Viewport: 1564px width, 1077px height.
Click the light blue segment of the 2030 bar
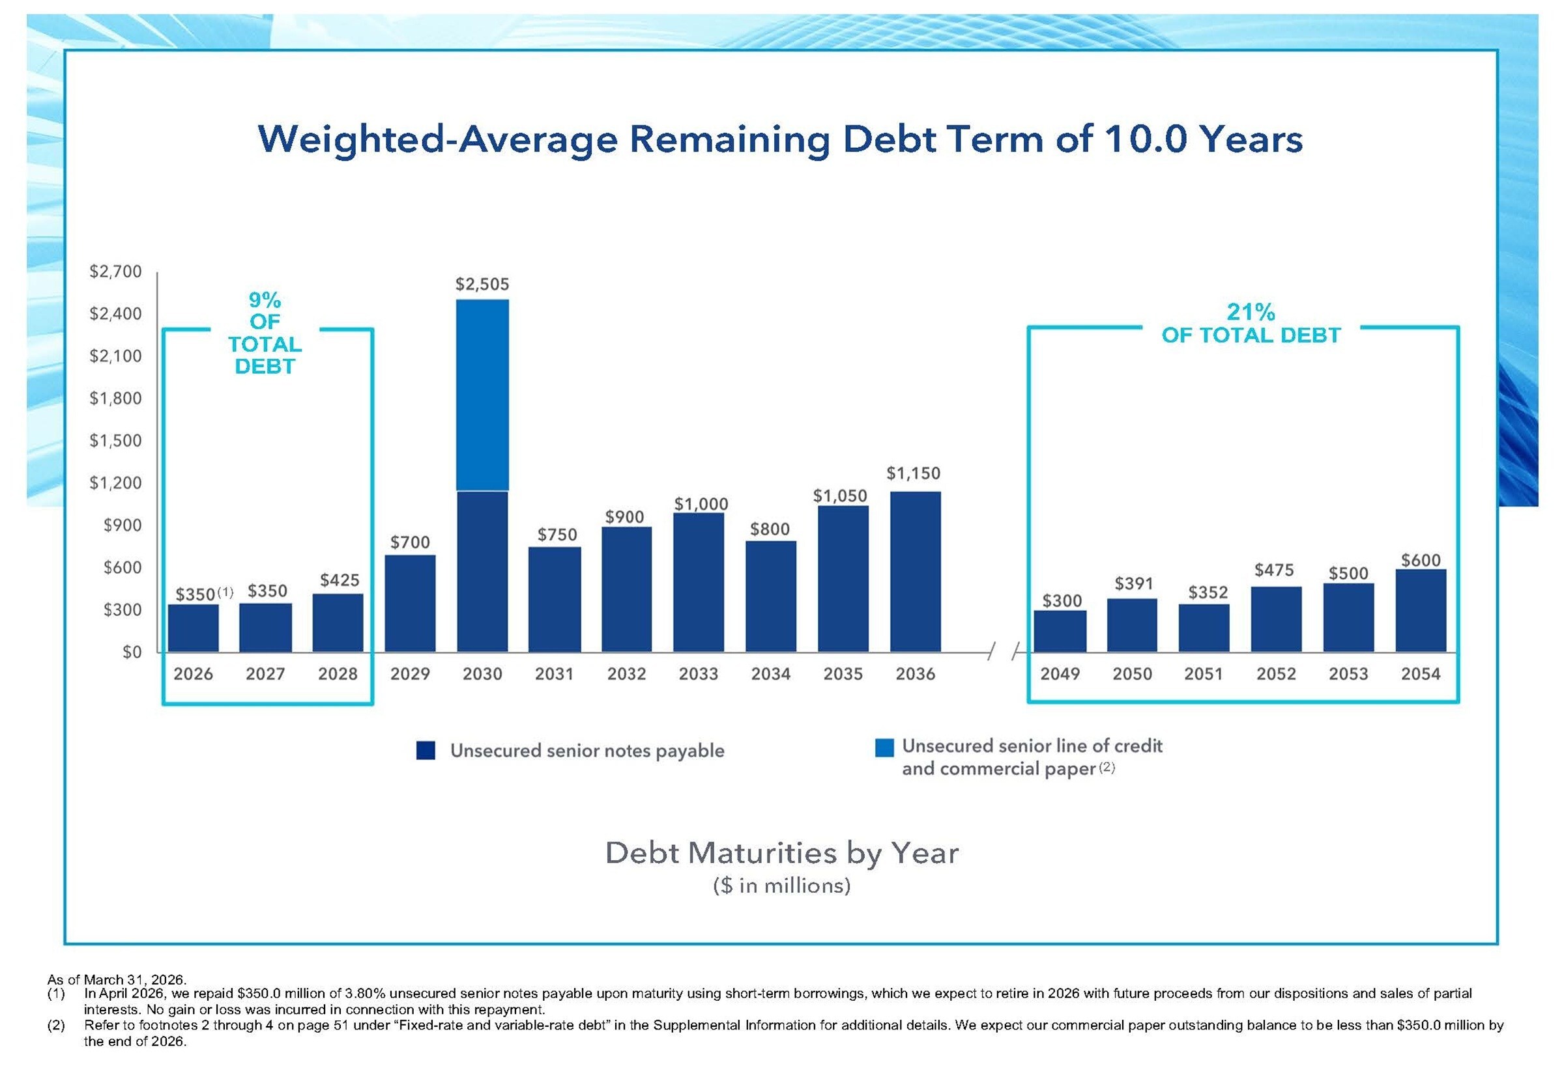(482, 394)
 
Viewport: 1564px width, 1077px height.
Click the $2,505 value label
(482, 284)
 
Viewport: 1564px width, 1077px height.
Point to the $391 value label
(1133, 583)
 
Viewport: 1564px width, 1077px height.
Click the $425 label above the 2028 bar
(339, 580)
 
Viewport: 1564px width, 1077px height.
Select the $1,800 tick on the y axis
(115, 398)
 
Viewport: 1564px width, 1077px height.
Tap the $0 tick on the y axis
(132, 652)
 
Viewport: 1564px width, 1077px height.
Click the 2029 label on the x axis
(410, 673)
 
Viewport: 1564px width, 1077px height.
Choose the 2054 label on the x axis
(1420, 673)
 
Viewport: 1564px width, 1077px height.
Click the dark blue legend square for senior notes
(425, 750)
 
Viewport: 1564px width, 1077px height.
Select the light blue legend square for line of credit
(883, 747)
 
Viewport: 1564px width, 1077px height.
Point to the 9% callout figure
(265, 300)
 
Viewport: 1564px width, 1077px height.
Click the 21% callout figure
(1250, 312)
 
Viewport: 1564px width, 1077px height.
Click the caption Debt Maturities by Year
(781, 853)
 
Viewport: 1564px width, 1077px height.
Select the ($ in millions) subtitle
(781, 886)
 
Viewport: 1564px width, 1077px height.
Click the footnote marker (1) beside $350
(225, 592)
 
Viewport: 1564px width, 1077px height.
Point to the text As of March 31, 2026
(117, 979)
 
